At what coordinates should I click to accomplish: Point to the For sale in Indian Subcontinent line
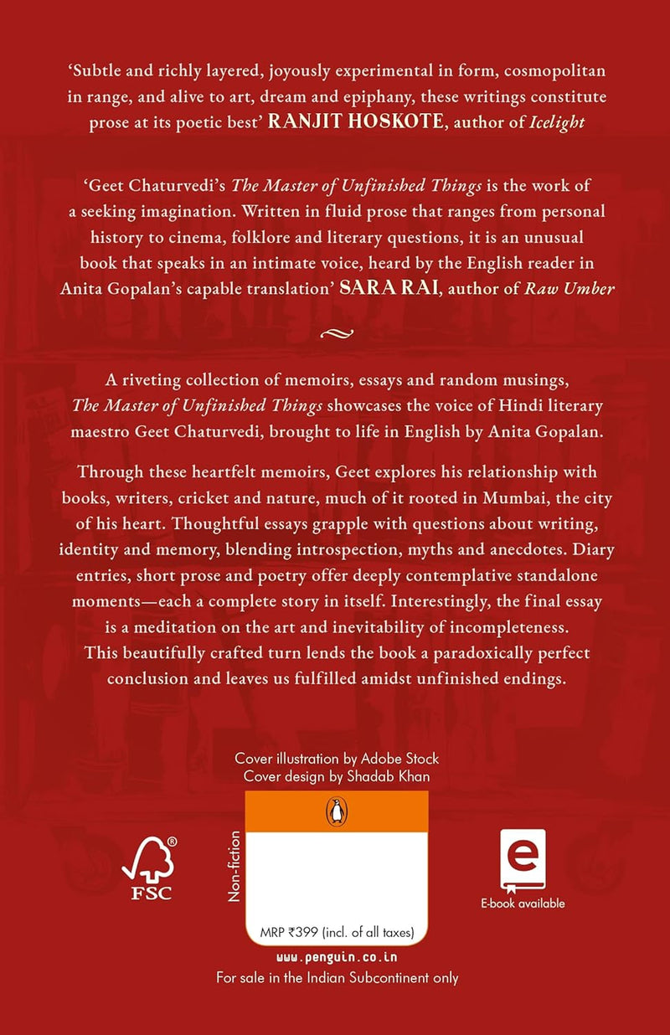pos(337,976)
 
